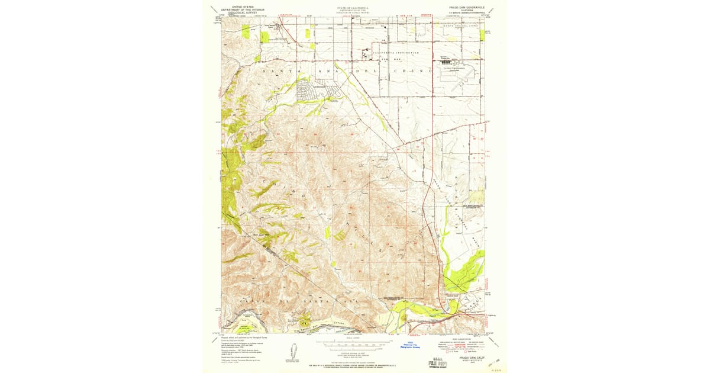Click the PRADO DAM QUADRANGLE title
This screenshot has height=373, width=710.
pos(467,8)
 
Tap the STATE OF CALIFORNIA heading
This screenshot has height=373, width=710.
pos(353,8)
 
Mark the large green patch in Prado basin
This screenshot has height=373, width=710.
pos(464,272)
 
